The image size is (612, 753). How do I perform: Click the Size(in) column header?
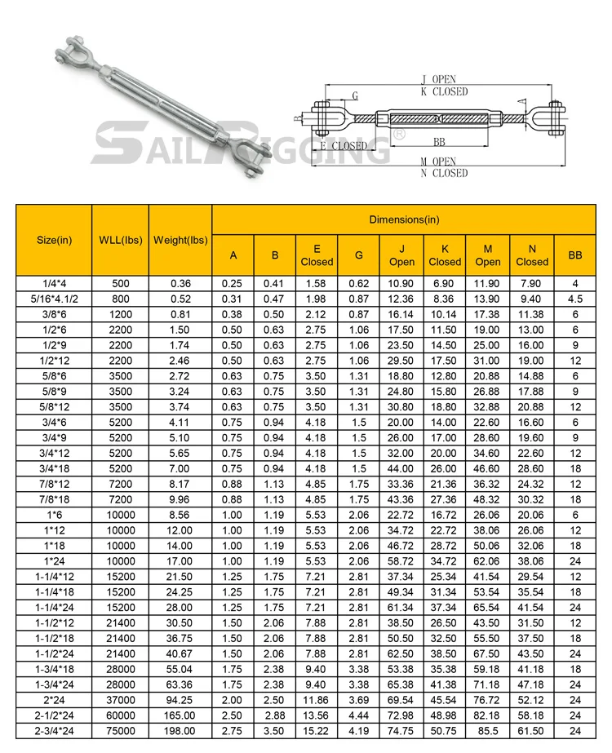55,240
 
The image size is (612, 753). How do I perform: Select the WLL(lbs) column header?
120,240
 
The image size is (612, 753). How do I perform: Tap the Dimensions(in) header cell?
404,219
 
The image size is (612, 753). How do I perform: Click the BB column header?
575,255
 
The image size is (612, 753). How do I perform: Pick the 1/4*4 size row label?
55,283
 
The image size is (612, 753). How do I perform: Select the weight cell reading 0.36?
180,283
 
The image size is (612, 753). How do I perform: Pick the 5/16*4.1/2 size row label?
55,299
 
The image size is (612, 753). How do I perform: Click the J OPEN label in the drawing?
438,79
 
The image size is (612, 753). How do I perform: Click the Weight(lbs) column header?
180,240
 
